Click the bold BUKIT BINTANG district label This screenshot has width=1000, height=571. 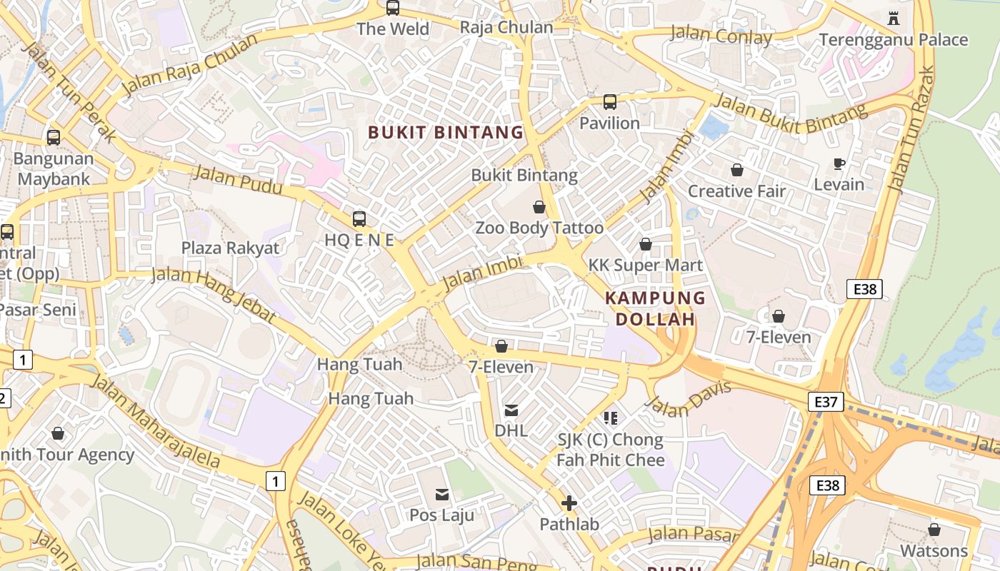(446, 132)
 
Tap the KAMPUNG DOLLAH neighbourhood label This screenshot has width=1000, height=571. (655, 308)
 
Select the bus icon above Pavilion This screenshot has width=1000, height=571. (609, 101)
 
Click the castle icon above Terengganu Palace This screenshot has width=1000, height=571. (893, 18)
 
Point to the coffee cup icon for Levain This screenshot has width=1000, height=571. (839, 164)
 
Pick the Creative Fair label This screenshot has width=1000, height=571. (736, 191)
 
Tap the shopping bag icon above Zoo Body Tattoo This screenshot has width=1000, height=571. (539, 207)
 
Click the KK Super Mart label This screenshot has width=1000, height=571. (646, 266)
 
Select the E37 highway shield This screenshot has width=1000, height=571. (826, 402)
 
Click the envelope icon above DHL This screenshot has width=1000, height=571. (511, 410)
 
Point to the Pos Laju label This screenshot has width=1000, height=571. (441, 515)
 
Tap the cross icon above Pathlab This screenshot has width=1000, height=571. (569, 504)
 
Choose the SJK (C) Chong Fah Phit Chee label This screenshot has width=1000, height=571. (611, 450)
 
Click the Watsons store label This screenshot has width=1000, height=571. (934, 551)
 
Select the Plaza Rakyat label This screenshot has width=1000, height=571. (230, 248)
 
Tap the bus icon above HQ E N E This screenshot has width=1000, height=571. (359, 219)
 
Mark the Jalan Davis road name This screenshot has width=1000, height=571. (689, 399)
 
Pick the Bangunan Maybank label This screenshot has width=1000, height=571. (54, 168)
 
